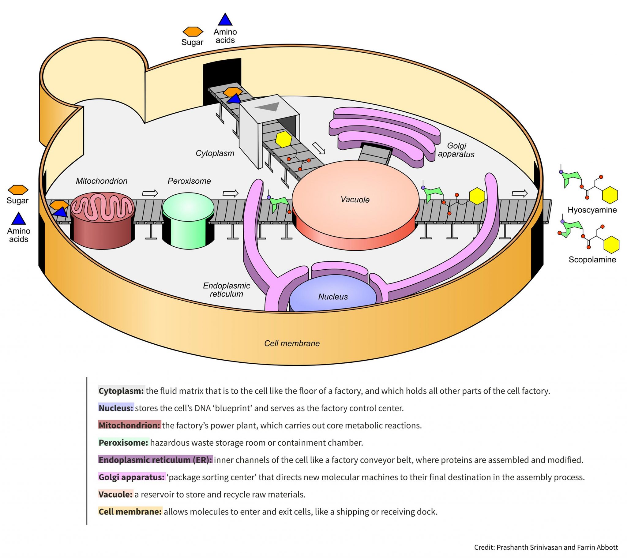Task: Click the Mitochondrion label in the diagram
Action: tap(102, 181)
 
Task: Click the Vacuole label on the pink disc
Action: tap(355, 200)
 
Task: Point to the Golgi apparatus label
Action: tap(456, 150)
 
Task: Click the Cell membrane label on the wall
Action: tap(292, 343)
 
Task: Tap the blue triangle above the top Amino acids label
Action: tap(225, 20)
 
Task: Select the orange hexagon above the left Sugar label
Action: tap(18, 189)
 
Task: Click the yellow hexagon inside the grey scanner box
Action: tap(283, 140)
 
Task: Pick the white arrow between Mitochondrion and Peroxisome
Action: tap(150, 193)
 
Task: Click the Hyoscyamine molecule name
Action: tap(592, 210)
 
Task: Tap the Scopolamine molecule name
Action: tap(592, 260)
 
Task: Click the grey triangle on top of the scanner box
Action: tap(267, 107)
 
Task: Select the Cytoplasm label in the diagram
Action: tap(215, 153)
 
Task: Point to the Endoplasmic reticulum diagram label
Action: tap(226, 290)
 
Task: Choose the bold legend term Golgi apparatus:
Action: tap(132, 477)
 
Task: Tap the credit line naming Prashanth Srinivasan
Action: tap(546, 547)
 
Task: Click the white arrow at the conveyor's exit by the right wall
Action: tap(520, 193)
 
